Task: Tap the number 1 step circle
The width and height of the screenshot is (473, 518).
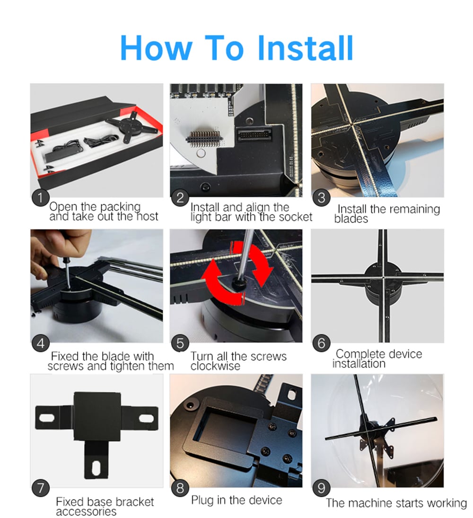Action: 40,198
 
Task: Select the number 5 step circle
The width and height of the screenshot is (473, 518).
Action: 180,343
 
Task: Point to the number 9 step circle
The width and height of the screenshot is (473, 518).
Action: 321,488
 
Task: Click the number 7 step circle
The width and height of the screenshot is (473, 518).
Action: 40,488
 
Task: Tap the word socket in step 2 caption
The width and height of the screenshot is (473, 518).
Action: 295,217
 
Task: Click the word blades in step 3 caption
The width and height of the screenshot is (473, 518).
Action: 351,219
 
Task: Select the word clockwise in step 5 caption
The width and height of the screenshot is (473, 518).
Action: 215,366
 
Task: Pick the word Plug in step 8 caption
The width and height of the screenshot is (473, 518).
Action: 202,500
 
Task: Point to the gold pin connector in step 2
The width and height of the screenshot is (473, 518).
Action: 203,137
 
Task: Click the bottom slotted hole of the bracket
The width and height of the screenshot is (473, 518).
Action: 96,467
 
